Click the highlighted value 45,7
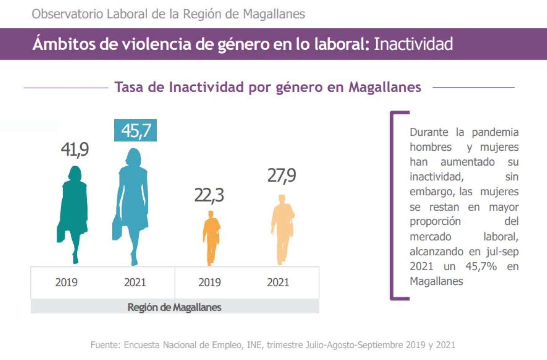click(136, 130)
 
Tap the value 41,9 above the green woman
click(75, 150)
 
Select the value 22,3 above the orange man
click(209, 195)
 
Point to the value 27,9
click(281, 175)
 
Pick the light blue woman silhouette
click(132, 203)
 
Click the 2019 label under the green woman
click(66, 282)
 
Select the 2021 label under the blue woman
click(135, 282)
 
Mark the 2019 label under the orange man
click(210, 282)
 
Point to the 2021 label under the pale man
click(278, 282)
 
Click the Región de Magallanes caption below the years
click(174, 307)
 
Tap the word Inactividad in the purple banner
click(413, 44)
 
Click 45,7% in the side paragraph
click(481, 266)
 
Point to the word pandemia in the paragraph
click(495, 132)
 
